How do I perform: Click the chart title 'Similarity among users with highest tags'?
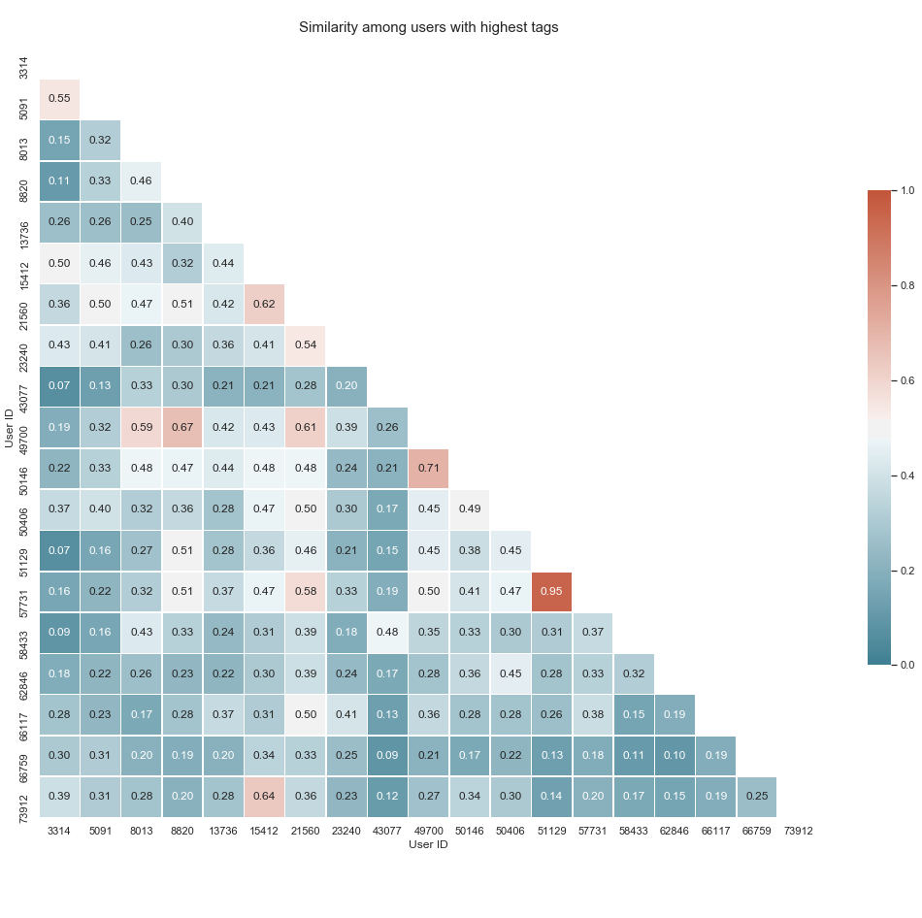(428, 27)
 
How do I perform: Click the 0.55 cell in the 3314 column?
(59, 99)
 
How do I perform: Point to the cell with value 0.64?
(263, 797)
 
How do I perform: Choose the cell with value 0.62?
(263, 303)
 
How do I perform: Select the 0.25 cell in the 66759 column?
(756, 797)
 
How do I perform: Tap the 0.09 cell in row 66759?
(387, 756)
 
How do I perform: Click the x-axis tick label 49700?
(428, 831)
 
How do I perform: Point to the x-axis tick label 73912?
(797, 831)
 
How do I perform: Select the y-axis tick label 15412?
(23, 262)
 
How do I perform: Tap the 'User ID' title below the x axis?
(428, 845)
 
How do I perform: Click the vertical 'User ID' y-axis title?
(9, 428)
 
